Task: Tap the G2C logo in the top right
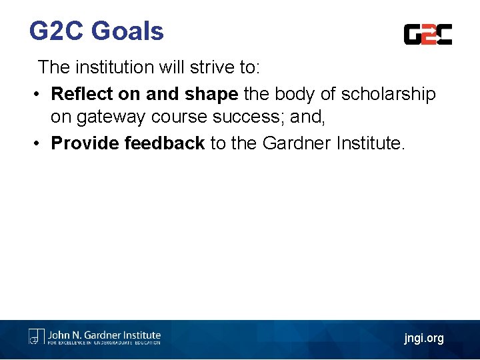pyautogui.click(x=428, y=34)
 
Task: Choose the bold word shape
pyautogui.click(x=211, y=95)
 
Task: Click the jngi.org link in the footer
pyautogui.click(x=423, y=339)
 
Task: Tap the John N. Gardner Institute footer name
pyautogui.click(x=103, y=335)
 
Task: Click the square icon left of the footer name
pyautogui.click(x=36, y=337)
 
